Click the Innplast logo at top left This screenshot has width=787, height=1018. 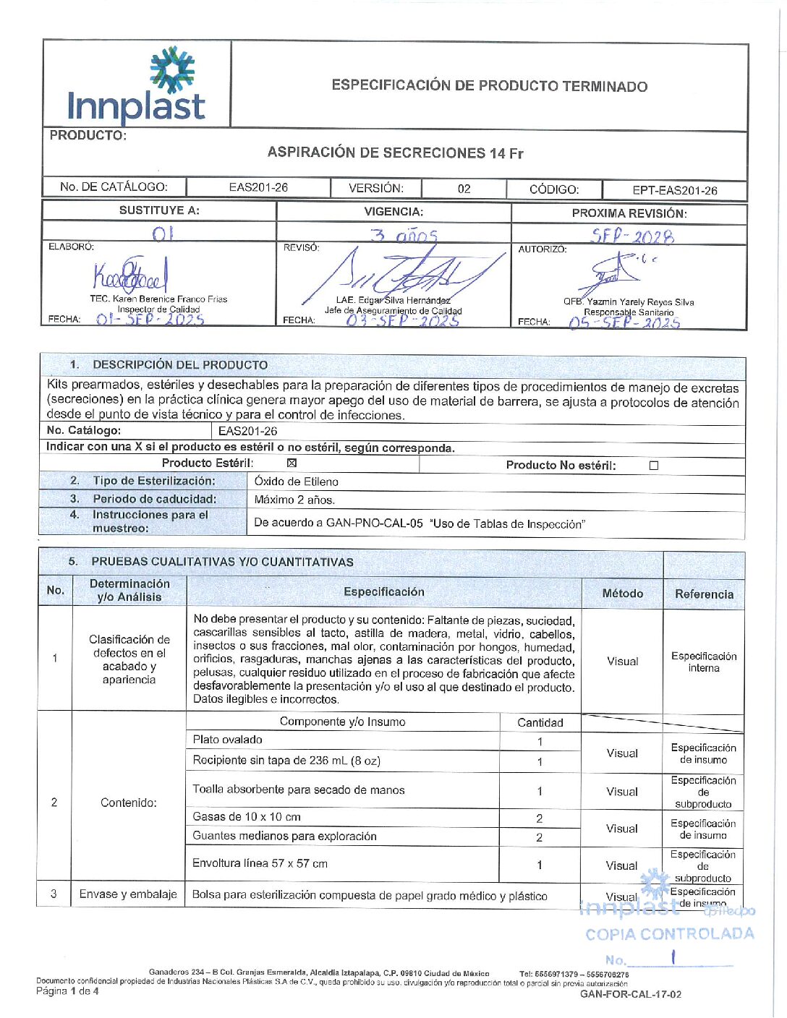[136, 86]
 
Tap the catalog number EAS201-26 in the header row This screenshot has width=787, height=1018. [258, 187]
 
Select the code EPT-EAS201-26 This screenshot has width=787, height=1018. [674, 190]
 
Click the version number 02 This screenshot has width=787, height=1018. [464, 189]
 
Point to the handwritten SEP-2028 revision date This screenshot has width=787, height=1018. [631, 236]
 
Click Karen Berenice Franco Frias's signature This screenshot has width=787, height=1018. [130, 275]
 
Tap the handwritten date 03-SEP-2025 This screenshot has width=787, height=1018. [402, 320]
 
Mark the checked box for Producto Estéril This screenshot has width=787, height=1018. [292, 463]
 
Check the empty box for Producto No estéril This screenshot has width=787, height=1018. [654, 466]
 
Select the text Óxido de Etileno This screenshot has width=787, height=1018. [296, 482]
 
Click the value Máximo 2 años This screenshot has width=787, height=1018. [294, 500]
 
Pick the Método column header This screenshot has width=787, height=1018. [622, 593]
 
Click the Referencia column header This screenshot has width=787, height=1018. [704, 594]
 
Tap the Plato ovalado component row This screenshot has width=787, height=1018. [227, 740]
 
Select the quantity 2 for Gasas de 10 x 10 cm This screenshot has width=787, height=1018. [540, 818]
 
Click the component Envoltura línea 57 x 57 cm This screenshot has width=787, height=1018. [260, 863]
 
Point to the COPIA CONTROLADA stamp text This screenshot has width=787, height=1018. [669, 934]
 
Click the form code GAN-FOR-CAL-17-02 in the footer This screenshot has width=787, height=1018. [630, 994]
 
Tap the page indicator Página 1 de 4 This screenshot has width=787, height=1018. [67, 991]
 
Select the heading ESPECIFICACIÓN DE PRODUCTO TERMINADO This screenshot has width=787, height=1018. [489, 86]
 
